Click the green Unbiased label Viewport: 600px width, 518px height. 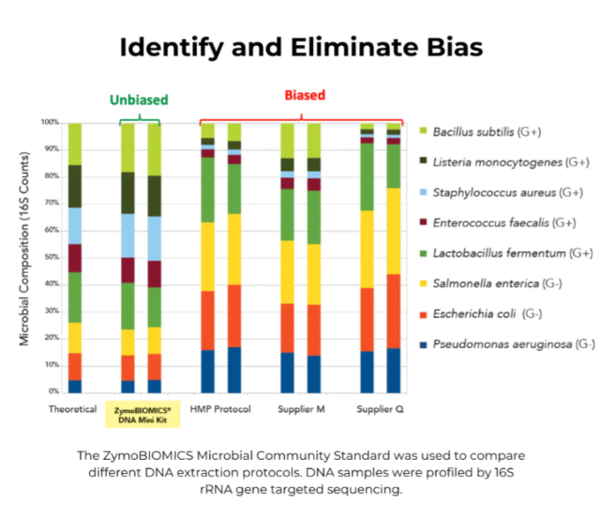click(x=140, y=100)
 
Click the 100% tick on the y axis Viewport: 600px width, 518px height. click(x=49, y=123)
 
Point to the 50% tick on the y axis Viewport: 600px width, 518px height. click(x=51, y=257)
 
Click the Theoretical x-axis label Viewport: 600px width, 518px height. click(x=73, y=408)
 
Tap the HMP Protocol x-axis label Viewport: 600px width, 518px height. click(x=220, y=409)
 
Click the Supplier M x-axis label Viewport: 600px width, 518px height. click(x=300, y=409)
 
